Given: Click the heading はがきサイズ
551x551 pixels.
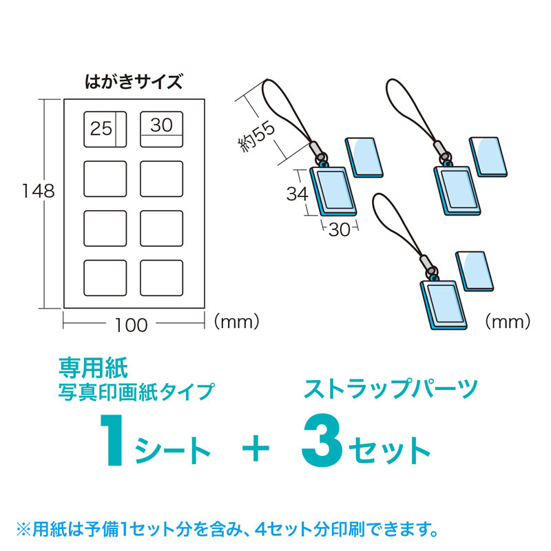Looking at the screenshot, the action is coord(134,81).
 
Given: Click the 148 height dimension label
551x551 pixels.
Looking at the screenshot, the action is coord(39,191).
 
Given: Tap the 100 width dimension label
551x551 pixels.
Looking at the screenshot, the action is coord(132,325).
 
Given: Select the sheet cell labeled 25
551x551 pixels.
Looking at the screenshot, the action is coord(105,129).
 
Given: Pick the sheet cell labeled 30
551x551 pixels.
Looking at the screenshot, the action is coord(162,129).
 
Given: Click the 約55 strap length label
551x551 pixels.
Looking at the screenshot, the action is coord(256,137).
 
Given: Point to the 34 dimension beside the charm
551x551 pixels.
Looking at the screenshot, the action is coord(298,194).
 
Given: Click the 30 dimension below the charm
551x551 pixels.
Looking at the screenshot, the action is coord(340,230).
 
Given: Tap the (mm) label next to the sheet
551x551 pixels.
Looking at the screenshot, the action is coord(236,321).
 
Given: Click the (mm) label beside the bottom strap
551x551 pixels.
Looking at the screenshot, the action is coord(508,321).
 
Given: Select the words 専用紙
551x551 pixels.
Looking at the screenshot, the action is coord(93,368).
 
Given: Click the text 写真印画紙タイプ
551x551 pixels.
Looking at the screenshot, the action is coord(136,391).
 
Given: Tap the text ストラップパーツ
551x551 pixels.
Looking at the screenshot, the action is coord(391,388).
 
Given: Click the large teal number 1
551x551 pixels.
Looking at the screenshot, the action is coord(112,440).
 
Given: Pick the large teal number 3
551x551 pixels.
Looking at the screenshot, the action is coord(322,439).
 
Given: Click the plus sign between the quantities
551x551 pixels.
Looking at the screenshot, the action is coord(256,448).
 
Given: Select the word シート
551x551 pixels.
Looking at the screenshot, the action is coord(173,450).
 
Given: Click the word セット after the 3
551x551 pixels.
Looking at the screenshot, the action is coord(389,450).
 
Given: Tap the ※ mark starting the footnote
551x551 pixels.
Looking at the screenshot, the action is coord(24,530).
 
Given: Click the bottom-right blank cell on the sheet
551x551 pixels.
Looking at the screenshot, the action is coord(162,278).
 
